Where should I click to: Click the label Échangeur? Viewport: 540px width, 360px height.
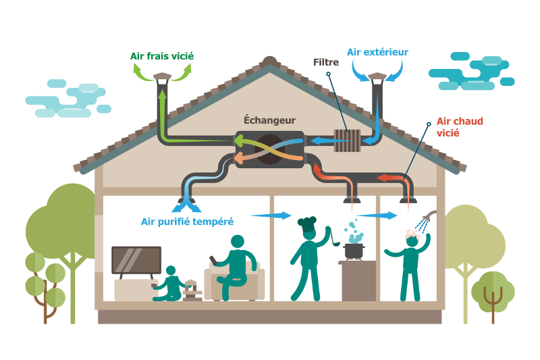click(x=269, y=120)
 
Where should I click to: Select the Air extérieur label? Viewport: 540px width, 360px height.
click(x=377, y=51)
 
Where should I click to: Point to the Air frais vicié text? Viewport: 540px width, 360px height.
click(x=162, y=56)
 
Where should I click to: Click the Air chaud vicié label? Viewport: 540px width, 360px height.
click(x=459, y=127)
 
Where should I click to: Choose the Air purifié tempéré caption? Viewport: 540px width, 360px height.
click(x=187, y=222)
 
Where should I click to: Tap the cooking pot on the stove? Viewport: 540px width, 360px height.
click(x=353, y=250)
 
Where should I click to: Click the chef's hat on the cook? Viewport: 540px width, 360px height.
click(x=307, y=224)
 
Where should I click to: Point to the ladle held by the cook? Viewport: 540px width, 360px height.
click(x=333, y=236)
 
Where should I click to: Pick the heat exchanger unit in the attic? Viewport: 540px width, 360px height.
click(x=269, y=149)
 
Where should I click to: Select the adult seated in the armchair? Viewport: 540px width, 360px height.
click(x=236, y=267)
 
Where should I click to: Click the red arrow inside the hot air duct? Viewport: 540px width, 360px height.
click(x=389, y=178)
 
